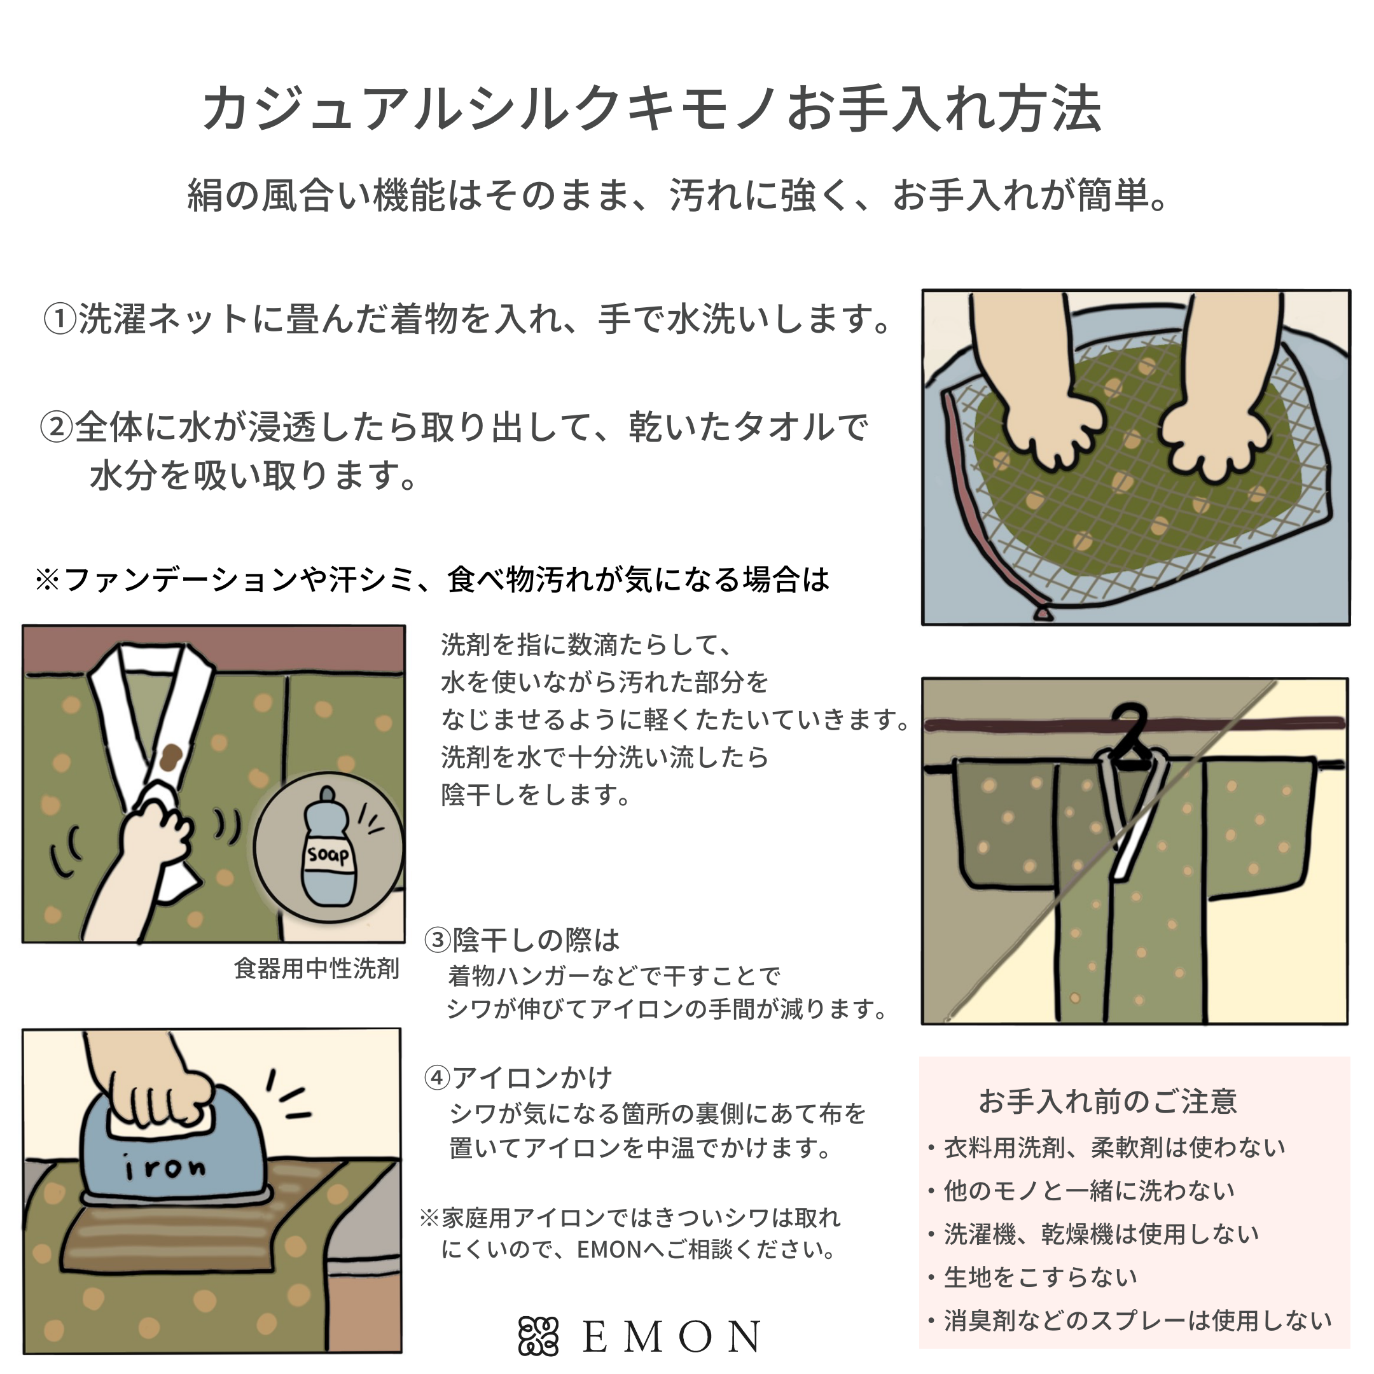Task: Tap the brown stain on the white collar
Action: click(170, 758)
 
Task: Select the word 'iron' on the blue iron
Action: click(164, 1169)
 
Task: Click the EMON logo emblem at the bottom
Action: click(538, 1336)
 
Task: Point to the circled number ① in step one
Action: click(60, 319)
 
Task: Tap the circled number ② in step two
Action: click(56, 427)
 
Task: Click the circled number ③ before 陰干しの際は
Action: click(438, 940)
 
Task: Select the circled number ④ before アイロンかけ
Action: click(438, 1078)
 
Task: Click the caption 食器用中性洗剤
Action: click(317, 969)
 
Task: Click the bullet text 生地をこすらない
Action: click(1041, 1277)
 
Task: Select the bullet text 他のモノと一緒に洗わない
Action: click(1089, 1190)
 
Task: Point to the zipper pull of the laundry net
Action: click(1043, 611)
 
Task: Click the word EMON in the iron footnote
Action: click(609, 1249)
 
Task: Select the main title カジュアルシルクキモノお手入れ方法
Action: click(652, 109)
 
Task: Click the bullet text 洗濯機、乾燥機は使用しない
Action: click(1101, 1233)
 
